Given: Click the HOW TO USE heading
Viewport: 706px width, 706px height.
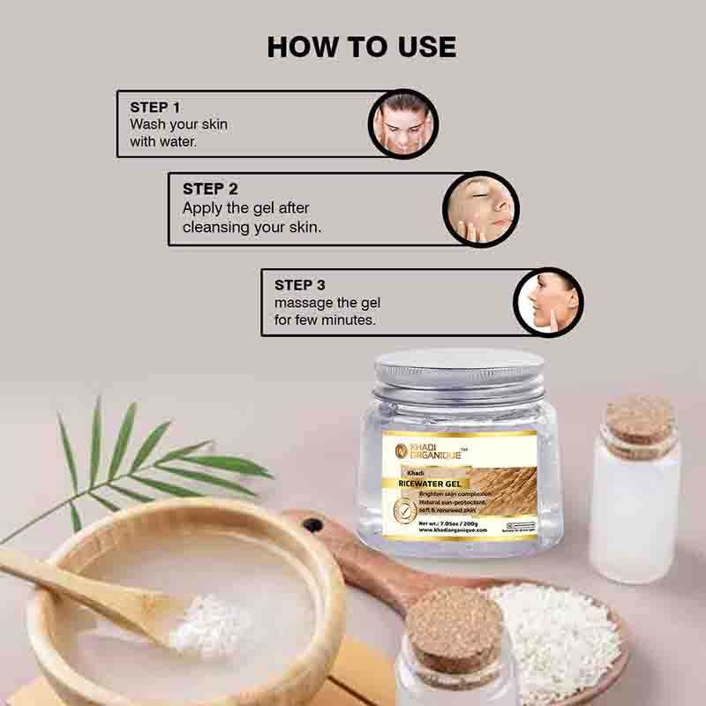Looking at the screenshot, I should (362, 47).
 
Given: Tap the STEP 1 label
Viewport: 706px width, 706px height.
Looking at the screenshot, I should (154, 108).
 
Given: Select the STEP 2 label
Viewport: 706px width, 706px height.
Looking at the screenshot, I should (210, 189).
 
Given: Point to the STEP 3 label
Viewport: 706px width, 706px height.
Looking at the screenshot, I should (300, 285).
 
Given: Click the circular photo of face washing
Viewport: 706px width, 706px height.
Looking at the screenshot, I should (402, 124).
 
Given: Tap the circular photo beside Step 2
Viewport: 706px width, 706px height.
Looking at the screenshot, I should (480, 209).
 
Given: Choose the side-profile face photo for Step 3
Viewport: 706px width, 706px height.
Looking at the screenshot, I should (549, 302).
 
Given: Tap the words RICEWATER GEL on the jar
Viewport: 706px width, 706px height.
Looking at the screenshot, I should (432, 483).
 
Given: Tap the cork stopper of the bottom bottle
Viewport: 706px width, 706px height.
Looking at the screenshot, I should (454, 627).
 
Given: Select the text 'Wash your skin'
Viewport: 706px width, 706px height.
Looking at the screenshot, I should (178, 124).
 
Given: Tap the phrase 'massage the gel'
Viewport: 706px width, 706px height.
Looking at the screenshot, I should (327, 303).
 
